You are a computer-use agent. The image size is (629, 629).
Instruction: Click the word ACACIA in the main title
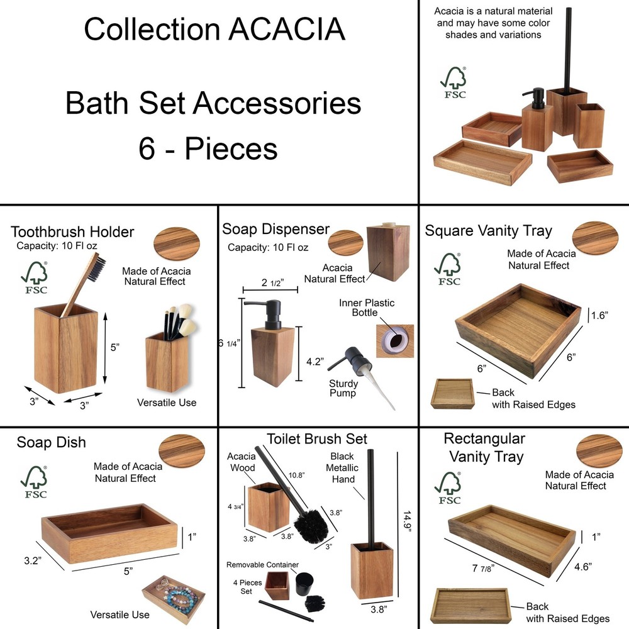point(287,29)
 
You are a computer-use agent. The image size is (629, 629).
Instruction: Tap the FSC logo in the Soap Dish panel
point(35,482)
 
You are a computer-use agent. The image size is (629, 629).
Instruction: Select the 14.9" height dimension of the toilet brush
point(407,522)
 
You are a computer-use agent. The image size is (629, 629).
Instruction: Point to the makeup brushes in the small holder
point(179,321)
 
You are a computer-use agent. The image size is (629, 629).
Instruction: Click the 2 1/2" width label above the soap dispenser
point(272,283)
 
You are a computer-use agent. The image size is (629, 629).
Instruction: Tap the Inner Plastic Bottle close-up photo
point(395,341)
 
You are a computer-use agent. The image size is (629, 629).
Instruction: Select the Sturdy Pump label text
point(343,388)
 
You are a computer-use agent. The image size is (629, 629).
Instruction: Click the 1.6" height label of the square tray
point(599,315)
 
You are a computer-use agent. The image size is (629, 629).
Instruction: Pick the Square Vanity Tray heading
point(488,231)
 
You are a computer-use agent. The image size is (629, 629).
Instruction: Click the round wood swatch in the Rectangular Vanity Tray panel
point(599,450)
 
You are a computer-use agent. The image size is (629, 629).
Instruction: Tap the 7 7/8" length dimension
point(483,568)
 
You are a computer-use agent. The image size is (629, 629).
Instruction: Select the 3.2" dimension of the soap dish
point(32,560)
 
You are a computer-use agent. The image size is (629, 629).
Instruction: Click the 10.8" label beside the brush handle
point(296,475)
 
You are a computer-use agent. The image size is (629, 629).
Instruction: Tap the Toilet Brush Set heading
point(317,438)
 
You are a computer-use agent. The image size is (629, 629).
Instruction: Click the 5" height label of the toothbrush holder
point(114,347)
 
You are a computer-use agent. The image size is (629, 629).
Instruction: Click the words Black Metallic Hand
point(342,467)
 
